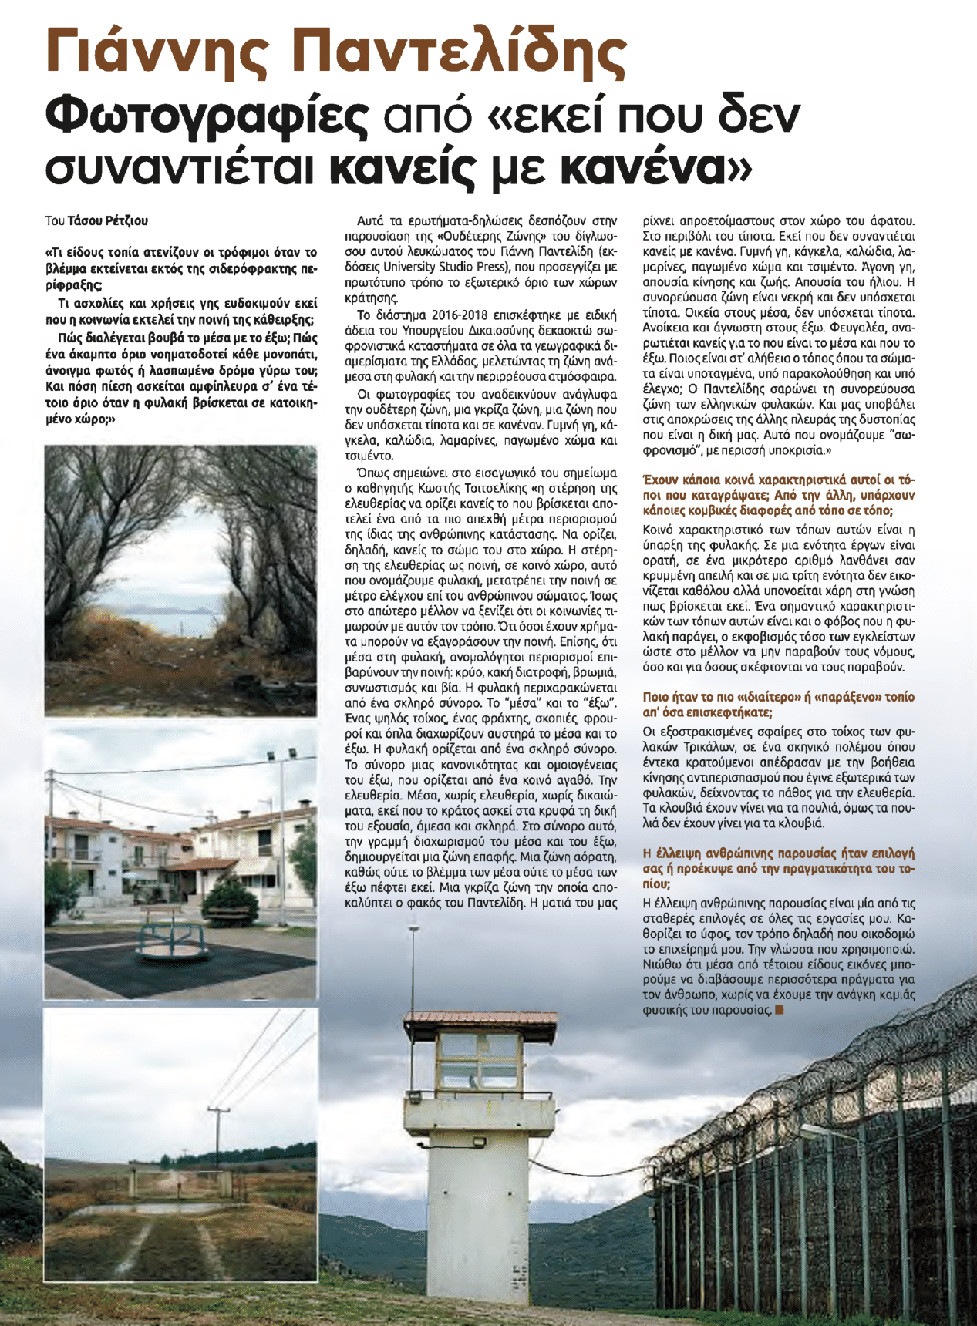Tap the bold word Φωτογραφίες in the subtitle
204,116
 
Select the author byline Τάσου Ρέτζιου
107,220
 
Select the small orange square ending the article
780,1009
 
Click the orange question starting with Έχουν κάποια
778,494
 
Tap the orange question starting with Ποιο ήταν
778,704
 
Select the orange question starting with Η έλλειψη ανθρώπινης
778,868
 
